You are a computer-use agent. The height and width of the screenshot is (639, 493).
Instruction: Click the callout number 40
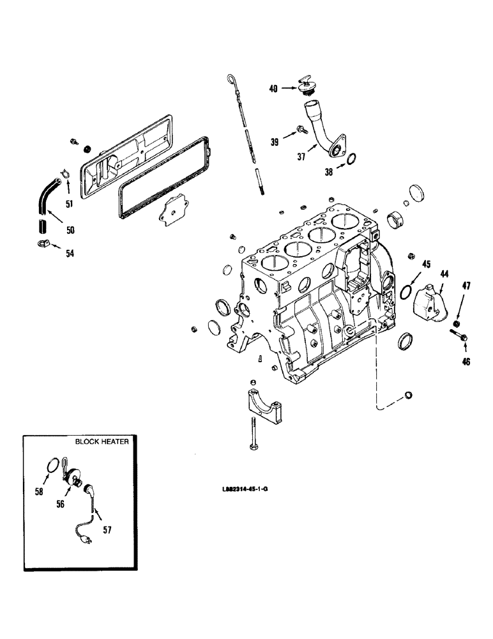(x=273, y=89)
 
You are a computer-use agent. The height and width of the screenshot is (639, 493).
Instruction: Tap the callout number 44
(x=444, y=273)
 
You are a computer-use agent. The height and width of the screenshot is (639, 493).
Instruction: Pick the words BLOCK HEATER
(x=100, y=442)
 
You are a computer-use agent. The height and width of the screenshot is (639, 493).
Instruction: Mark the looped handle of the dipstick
(x=230, y=79)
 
